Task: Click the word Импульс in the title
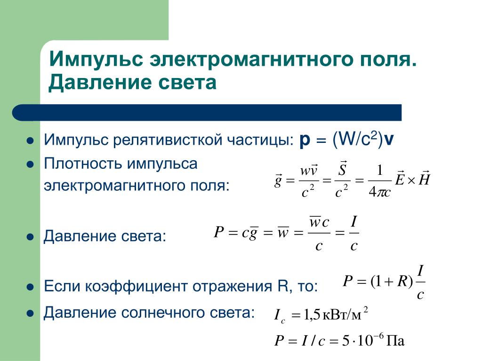point(96,58)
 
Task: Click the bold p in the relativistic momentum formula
point(305,141)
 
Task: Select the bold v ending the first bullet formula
point(389,141)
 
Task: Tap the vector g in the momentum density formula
point(278,180)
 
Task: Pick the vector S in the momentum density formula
point(342,168)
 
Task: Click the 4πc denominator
point(379,192)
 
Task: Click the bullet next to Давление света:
point(30,237)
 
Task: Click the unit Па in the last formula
point(395,341)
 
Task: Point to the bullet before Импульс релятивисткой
point(30,141)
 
